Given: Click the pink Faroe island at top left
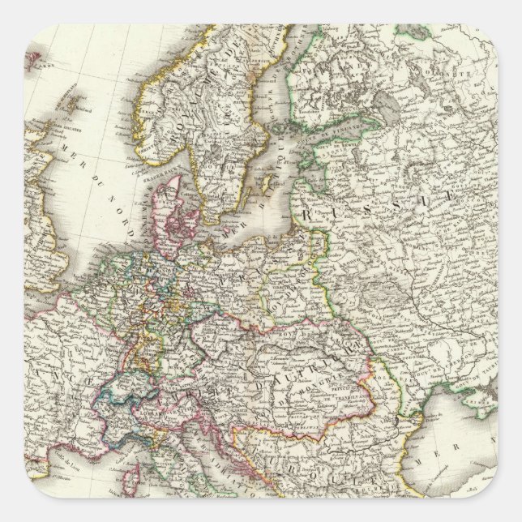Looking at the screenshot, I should tap(34, 58).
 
